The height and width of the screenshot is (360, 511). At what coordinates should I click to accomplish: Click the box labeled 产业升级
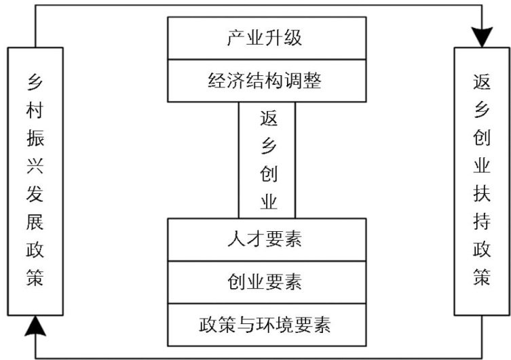267,38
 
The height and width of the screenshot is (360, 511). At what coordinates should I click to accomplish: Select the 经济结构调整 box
267,81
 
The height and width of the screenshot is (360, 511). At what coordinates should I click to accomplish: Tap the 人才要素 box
267,239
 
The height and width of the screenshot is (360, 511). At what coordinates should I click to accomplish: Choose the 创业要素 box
267,282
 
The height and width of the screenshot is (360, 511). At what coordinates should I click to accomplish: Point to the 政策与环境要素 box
267,325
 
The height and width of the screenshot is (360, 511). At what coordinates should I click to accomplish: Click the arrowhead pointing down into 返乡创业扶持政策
482,37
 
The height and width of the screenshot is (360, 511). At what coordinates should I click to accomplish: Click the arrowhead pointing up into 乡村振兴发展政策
35,325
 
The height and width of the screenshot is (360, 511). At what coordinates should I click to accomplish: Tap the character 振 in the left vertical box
35,138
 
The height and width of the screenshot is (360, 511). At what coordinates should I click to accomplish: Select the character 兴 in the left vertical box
35,166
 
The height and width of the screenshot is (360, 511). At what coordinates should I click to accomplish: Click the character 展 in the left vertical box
35,222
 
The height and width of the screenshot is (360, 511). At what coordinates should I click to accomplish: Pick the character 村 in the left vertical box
35,110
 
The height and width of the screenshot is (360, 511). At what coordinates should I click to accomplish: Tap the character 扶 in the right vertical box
482,194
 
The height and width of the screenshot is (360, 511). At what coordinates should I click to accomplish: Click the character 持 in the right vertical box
482,222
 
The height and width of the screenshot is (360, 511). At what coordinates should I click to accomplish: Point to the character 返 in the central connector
269,119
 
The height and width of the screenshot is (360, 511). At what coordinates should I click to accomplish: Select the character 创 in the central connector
269,174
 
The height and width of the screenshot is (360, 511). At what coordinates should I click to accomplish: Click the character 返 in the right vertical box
482,82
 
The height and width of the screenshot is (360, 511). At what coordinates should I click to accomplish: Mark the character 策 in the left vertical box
35,278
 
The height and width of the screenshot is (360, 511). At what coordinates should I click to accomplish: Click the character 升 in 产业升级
274,38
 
